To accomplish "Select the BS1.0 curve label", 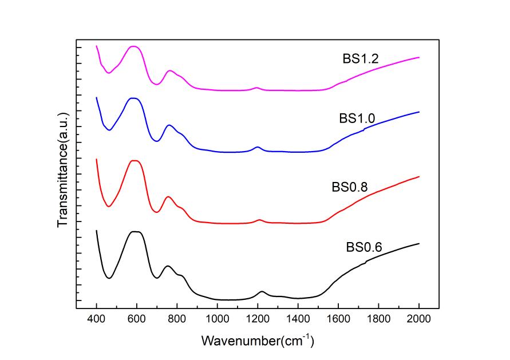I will pyautogui.click(x=357, y=118).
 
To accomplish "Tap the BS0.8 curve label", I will pyautogui.click(x=349, y=187).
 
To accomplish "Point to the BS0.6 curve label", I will pyautogui.click(x=363, y=248).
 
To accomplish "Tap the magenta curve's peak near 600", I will pyautogui.click(x=133, y=46).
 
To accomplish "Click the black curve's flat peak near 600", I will pyautogui.click(x=136, y=232).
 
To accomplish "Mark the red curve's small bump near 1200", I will pyautogui.click(x=259, y=220).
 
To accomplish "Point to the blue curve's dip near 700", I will pyautogui.click(x=157, y=141).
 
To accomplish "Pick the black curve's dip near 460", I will pyautogui.click(x=109, y=278).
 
